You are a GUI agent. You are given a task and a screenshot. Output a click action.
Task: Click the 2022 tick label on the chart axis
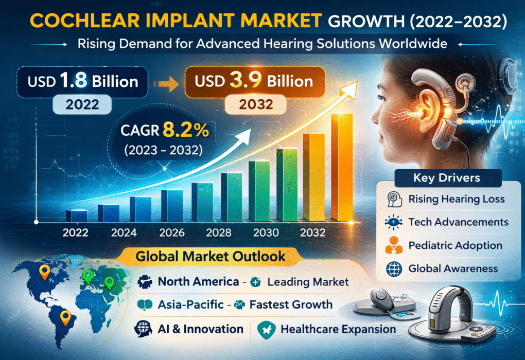click(x=76, y=232)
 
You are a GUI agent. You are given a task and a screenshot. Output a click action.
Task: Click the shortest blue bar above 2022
click(x=76, y=215)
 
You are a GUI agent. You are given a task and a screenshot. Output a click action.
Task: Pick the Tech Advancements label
click(x=458, y=222)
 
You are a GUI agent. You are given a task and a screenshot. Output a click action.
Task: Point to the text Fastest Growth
click(x=291, y=304)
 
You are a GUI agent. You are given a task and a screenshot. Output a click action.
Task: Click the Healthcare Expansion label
click(x=338, y=329)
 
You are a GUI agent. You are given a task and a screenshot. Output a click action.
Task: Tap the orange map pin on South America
click(x=65, y=317)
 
